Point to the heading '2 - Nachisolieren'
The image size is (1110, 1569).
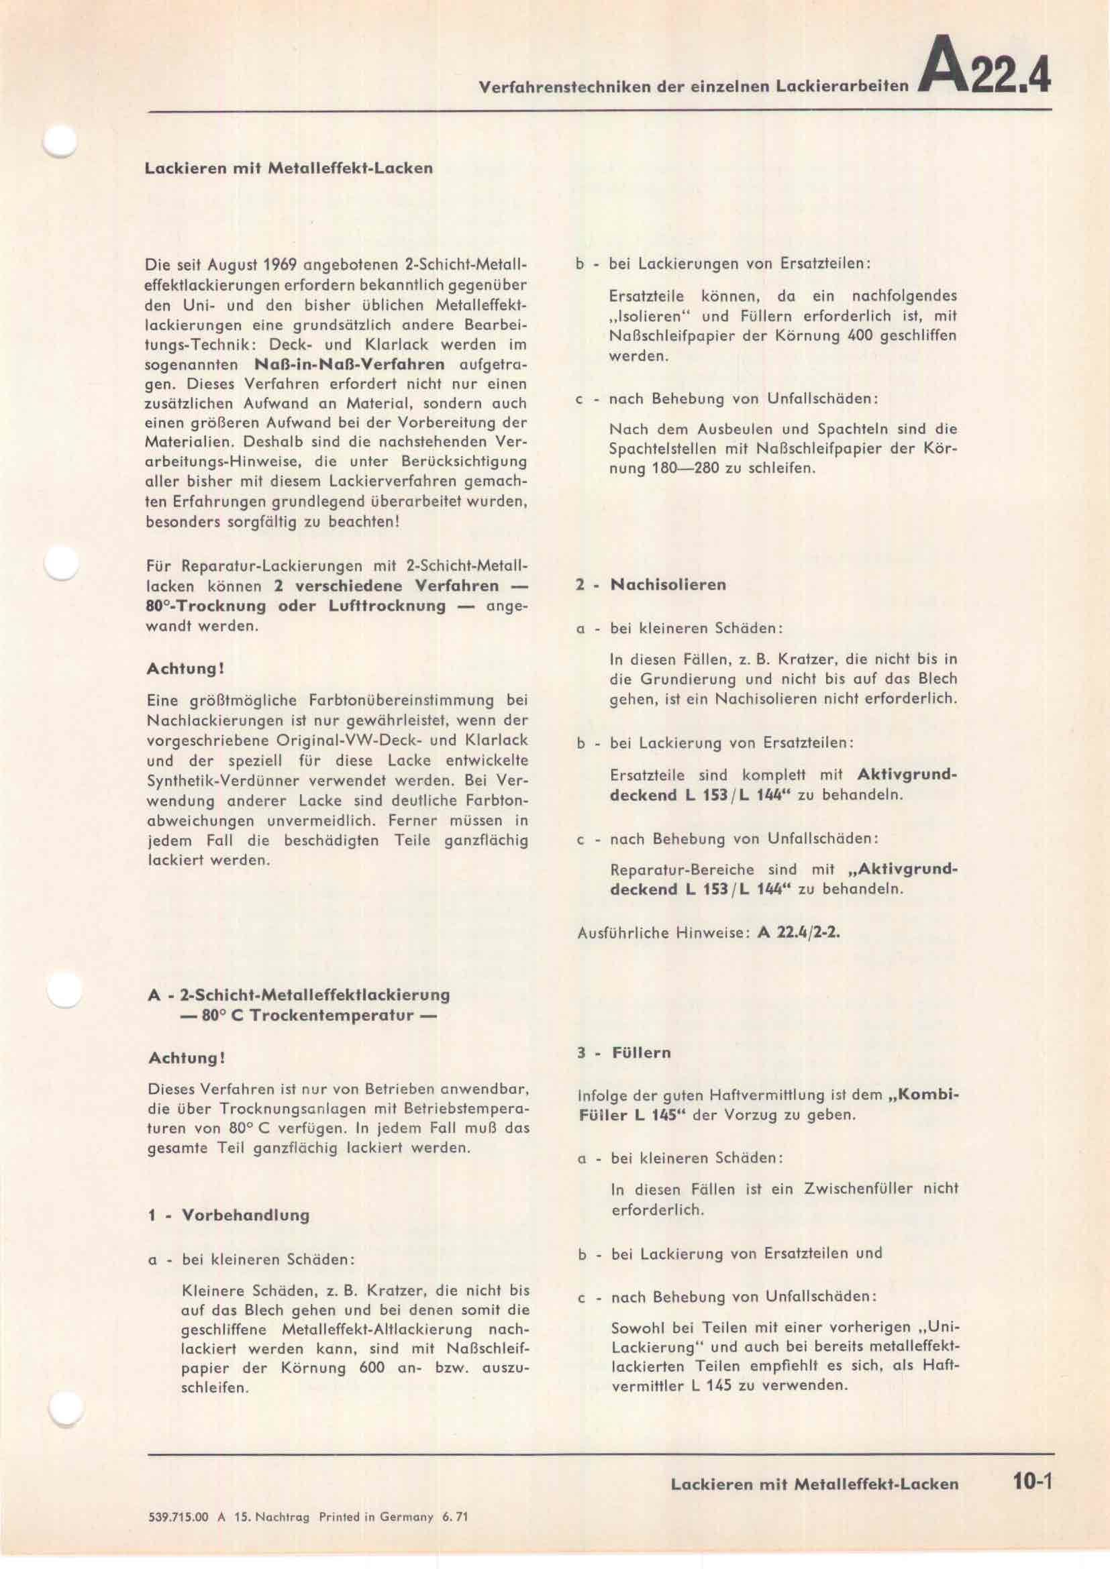[651, 585]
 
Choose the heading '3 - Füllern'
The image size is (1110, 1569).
[623, 1052]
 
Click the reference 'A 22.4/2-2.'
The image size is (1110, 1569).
[799, 933]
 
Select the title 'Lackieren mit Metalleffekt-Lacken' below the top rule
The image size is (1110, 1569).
[289, 168]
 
